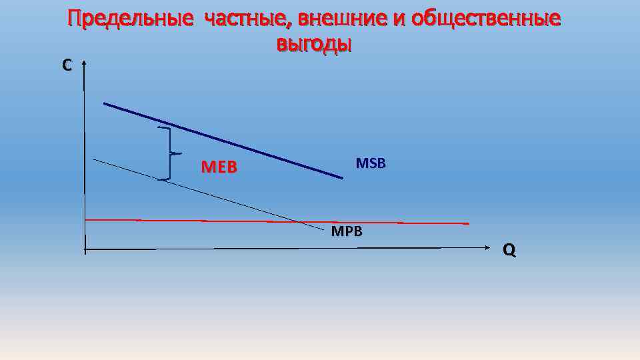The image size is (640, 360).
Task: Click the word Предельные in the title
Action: [130, 20]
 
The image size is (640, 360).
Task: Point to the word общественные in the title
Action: [485, 20]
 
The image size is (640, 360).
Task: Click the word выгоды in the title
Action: [313, 44]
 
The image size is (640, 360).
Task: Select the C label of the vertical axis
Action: [67, 65]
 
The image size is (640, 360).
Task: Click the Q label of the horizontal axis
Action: [509, 250]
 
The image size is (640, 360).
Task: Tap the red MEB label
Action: [219, 167]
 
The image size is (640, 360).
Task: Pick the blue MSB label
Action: [371, 163]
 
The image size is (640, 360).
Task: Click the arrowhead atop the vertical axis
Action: [85, 64]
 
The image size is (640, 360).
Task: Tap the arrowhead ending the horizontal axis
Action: [486, 248]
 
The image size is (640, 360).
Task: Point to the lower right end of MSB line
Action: [342, 177]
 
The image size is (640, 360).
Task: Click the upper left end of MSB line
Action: [105, 103]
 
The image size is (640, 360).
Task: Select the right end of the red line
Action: [468, 223]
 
